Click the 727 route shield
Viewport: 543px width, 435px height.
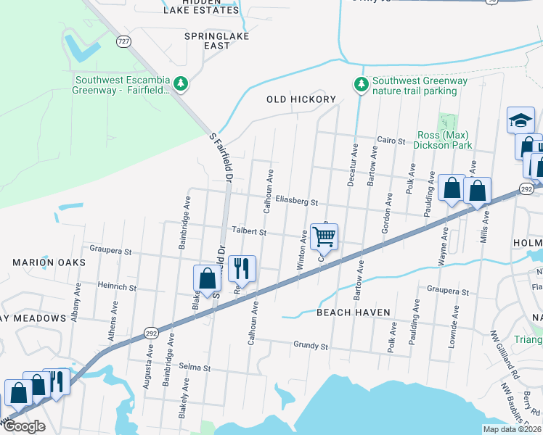[124, 43]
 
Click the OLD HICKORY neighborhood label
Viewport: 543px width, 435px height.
[301, 99]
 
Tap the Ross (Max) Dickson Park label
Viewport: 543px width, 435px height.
[442, 140]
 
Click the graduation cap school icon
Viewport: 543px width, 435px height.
[520, 120]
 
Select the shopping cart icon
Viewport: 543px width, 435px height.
[324, 236]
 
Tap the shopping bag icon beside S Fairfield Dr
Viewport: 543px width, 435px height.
[207, 278]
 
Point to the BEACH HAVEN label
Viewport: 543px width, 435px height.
[354, 312]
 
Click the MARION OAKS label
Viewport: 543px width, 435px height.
[48, 262]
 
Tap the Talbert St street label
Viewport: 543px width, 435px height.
[250, 232]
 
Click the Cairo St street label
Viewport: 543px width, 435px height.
[391, 140]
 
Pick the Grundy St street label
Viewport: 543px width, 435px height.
[311, 346]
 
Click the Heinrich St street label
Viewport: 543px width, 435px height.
[118, 288]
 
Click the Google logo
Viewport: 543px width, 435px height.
[23, 426]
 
